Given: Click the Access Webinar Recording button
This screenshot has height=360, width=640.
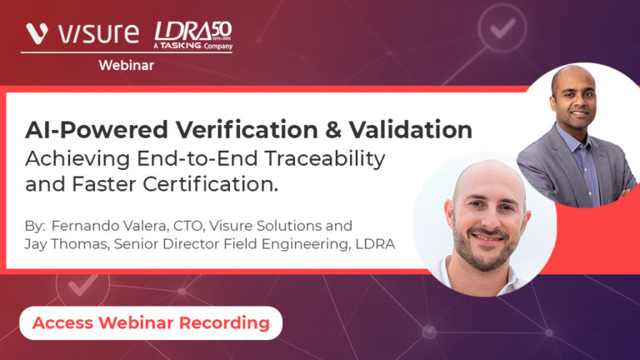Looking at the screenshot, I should tap(151, 322).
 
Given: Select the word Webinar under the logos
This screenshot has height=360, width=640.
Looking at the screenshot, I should tap(126, 65).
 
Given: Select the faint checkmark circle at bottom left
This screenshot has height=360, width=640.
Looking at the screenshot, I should tap(82, 284).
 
